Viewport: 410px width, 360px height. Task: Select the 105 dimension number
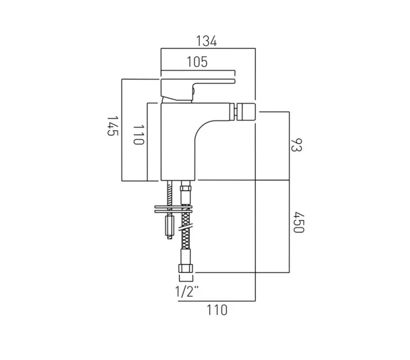[197, 62]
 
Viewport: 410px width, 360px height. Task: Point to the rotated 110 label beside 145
[137, 135]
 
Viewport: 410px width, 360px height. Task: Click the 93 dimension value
[296, 145]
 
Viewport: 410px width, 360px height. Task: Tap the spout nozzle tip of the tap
[245, 112]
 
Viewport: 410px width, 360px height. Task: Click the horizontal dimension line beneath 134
[207, 49]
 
